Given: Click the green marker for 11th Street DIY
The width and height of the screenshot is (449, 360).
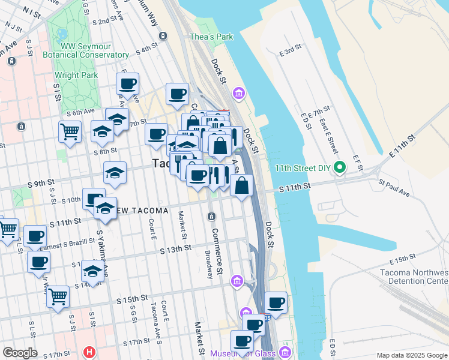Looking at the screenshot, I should [x=340, y=167].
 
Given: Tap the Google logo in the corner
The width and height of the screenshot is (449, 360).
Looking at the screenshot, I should [x=20, y=353].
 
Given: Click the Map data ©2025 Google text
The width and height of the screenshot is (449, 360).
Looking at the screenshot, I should [x=411, y=355].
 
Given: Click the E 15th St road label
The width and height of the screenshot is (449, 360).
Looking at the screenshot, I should [x=402, y=259].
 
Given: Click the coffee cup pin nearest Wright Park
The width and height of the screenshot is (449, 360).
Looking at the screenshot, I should [x=127, y=83].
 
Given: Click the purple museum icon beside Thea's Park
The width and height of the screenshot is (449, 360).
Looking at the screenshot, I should [x=239, y=93].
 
